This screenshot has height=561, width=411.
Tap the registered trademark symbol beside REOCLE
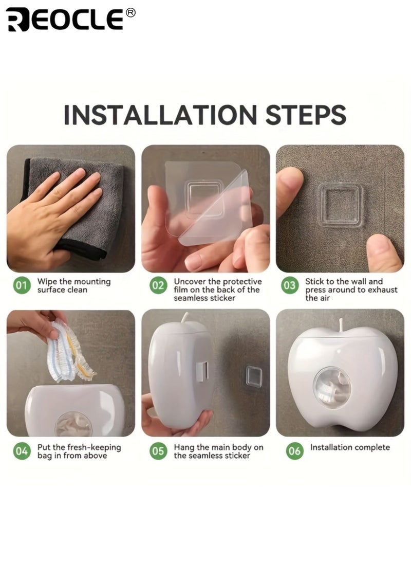131,12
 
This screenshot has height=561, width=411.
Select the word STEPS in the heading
306,115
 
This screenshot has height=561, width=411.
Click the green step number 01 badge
22,285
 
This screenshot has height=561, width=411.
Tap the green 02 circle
158,285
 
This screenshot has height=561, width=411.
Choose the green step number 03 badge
290,285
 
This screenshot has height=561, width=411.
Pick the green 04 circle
22,451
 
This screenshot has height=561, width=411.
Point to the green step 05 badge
158,451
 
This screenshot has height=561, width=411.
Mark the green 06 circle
294,451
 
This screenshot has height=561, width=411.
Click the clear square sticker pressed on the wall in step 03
341,206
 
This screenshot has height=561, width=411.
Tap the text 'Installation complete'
350,447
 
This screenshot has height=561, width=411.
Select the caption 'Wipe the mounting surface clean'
74,285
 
